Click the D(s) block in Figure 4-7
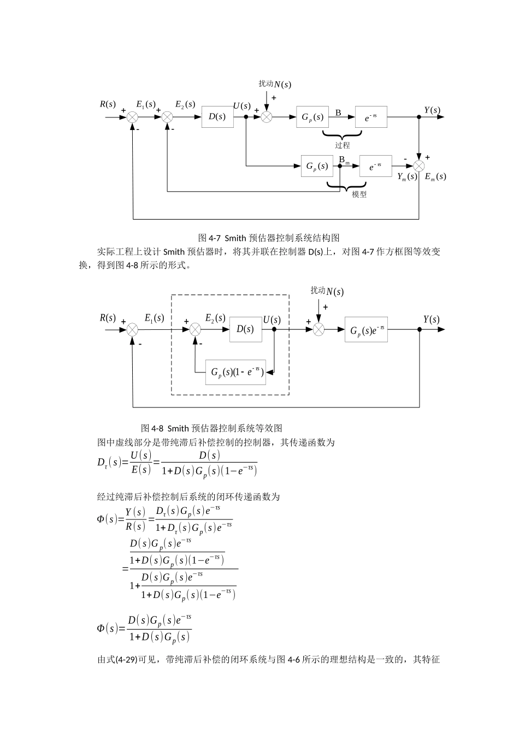click(x=217, y=117)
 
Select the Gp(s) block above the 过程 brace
click(x=312, y=117)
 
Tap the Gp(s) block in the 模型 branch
click(x=316, y=166)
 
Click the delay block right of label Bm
click(x=375, y=166)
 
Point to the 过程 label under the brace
click(x=343, y=145)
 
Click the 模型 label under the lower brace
click(x=359, y=194)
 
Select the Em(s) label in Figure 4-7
click(x=435, y=176)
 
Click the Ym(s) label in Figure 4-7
click(x=407, y=176)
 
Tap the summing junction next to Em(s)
click(x=419, y=165)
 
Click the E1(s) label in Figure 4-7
click(x=145, y=104)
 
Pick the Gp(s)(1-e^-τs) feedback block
click(x=235, y=372)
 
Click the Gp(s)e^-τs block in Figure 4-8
click(x=365, y=330)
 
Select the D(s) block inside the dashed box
click(x=245, y=329)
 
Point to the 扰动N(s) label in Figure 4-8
click(x=327, y=291)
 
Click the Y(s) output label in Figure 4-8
click(x=431, y=319)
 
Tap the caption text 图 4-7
click(x=209, y=238)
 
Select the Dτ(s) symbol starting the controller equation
click(x=108, y=463)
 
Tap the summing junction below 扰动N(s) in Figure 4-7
click(x=266, y=117)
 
